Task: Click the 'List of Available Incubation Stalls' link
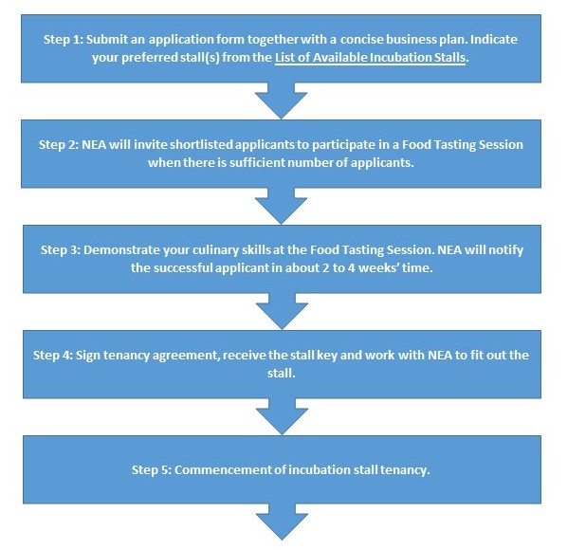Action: [x=370, y=58]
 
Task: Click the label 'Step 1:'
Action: [x=64, y=40]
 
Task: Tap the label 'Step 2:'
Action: [x=59, y=145]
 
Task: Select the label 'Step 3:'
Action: [x=61, y=249]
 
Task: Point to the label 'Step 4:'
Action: [x=53, y=355]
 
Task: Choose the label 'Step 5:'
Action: [x=152, y=469]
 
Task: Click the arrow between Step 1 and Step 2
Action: [x=281, y=101]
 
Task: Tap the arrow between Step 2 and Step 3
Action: [x=281, y=206]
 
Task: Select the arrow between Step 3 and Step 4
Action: [x=282, y=311]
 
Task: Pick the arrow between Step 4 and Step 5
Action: [x=282, y=416]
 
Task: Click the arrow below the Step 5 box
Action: [x=282, y=522]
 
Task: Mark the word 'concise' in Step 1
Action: [x=361, y=40]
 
